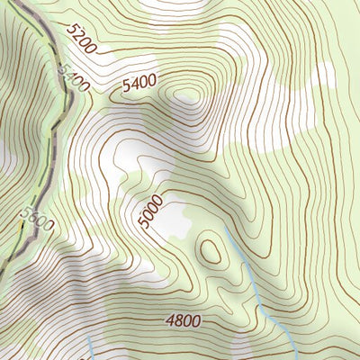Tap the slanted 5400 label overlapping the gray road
73,76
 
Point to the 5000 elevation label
151,211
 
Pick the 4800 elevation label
183,319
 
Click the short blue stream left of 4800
93,348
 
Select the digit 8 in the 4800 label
178,319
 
